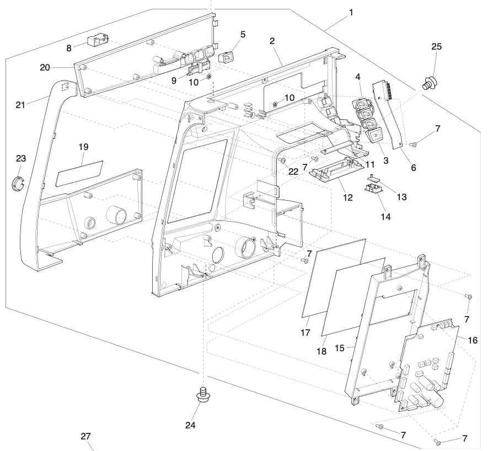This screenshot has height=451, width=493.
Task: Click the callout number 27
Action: [x=85, y=436]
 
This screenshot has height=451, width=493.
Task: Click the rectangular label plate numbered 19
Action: [x=81, y=173]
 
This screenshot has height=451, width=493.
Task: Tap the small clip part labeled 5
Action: [x=227, y=57]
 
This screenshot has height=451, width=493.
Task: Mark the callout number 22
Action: [x=293, y=171]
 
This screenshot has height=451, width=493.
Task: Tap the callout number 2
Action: [x=272, y=41]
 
